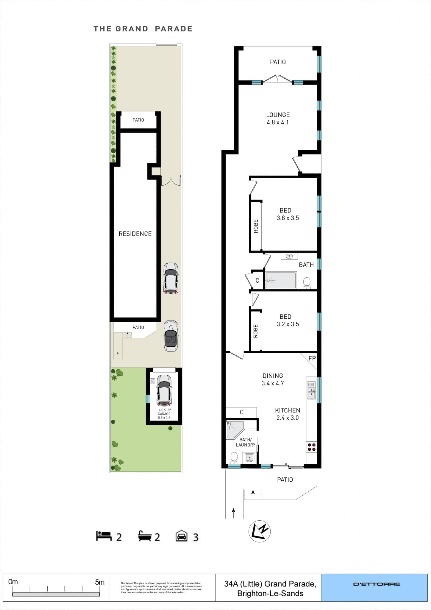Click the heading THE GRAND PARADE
pyautogui.click(x=143, y=29)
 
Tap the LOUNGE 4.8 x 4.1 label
pyautogui.click(x=278, y=119)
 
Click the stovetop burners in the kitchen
pyautogui.click(x=312, y=447)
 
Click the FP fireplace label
pyautogui.click(x=312, y=358)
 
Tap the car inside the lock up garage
pyautogui.click(x=164, y=390)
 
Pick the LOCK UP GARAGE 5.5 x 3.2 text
pyautogui.click(x=164, y=414)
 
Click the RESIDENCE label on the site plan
pyautogui.click(x=135, y=234)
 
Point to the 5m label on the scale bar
pyautogui.click(x=100, y=582)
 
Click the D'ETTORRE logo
pyautogui.click(x=377, y=585)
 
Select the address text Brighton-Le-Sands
pyautogui.click(x=270, y=593)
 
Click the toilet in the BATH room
pyautogui.click(x=307, y=282)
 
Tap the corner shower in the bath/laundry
pyautogui.click(x=235, y=429)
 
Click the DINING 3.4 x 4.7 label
pyautogui.click(x=273, y=379)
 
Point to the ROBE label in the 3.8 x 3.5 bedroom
pyautogui.click(x=256, y=226)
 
